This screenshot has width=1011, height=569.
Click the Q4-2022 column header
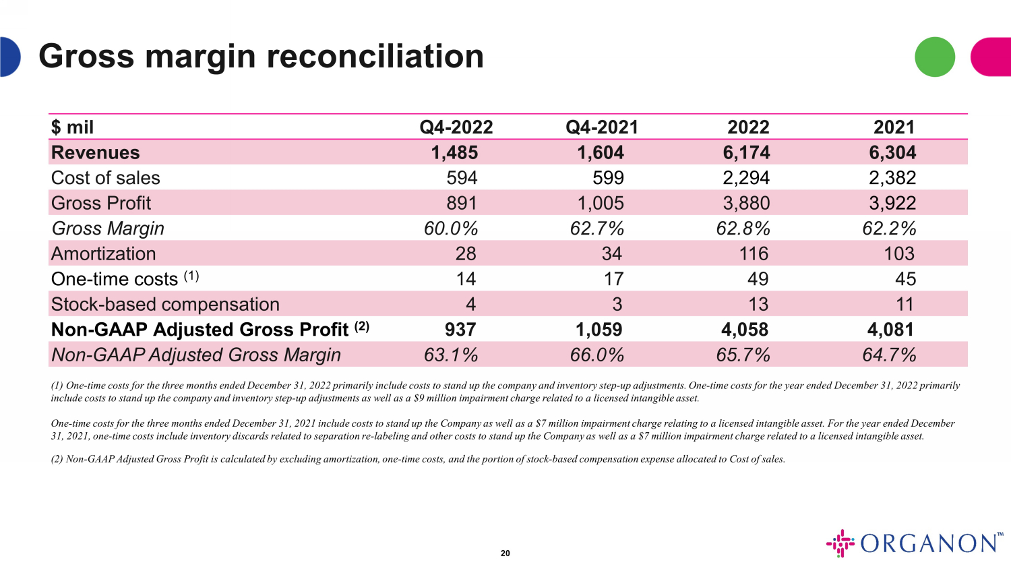point(456,127)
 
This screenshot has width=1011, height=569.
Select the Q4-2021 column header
point(602,127)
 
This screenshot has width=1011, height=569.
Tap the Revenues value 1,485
point(454,153)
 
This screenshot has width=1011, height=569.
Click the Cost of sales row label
point(106,178)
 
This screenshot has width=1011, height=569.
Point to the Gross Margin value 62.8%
point(743,229)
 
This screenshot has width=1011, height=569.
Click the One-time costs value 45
point(905,279)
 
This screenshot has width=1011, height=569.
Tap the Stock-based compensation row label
point(165,305)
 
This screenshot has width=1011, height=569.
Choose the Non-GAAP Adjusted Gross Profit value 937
point(460,330)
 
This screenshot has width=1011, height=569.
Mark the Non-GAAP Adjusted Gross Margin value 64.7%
point(889,355)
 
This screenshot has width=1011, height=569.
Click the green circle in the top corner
point(935,57)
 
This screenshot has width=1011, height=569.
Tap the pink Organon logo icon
point(840,543)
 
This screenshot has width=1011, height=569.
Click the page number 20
point(506,553)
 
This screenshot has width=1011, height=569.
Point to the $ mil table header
point(72,127)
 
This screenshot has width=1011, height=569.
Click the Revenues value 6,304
point(892,153)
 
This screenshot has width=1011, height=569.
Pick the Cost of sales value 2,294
point(746,178)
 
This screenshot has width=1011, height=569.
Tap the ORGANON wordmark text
point(929,543)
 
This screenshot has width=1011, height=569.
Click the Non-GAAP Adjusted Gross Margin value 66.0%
point(597,355)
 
